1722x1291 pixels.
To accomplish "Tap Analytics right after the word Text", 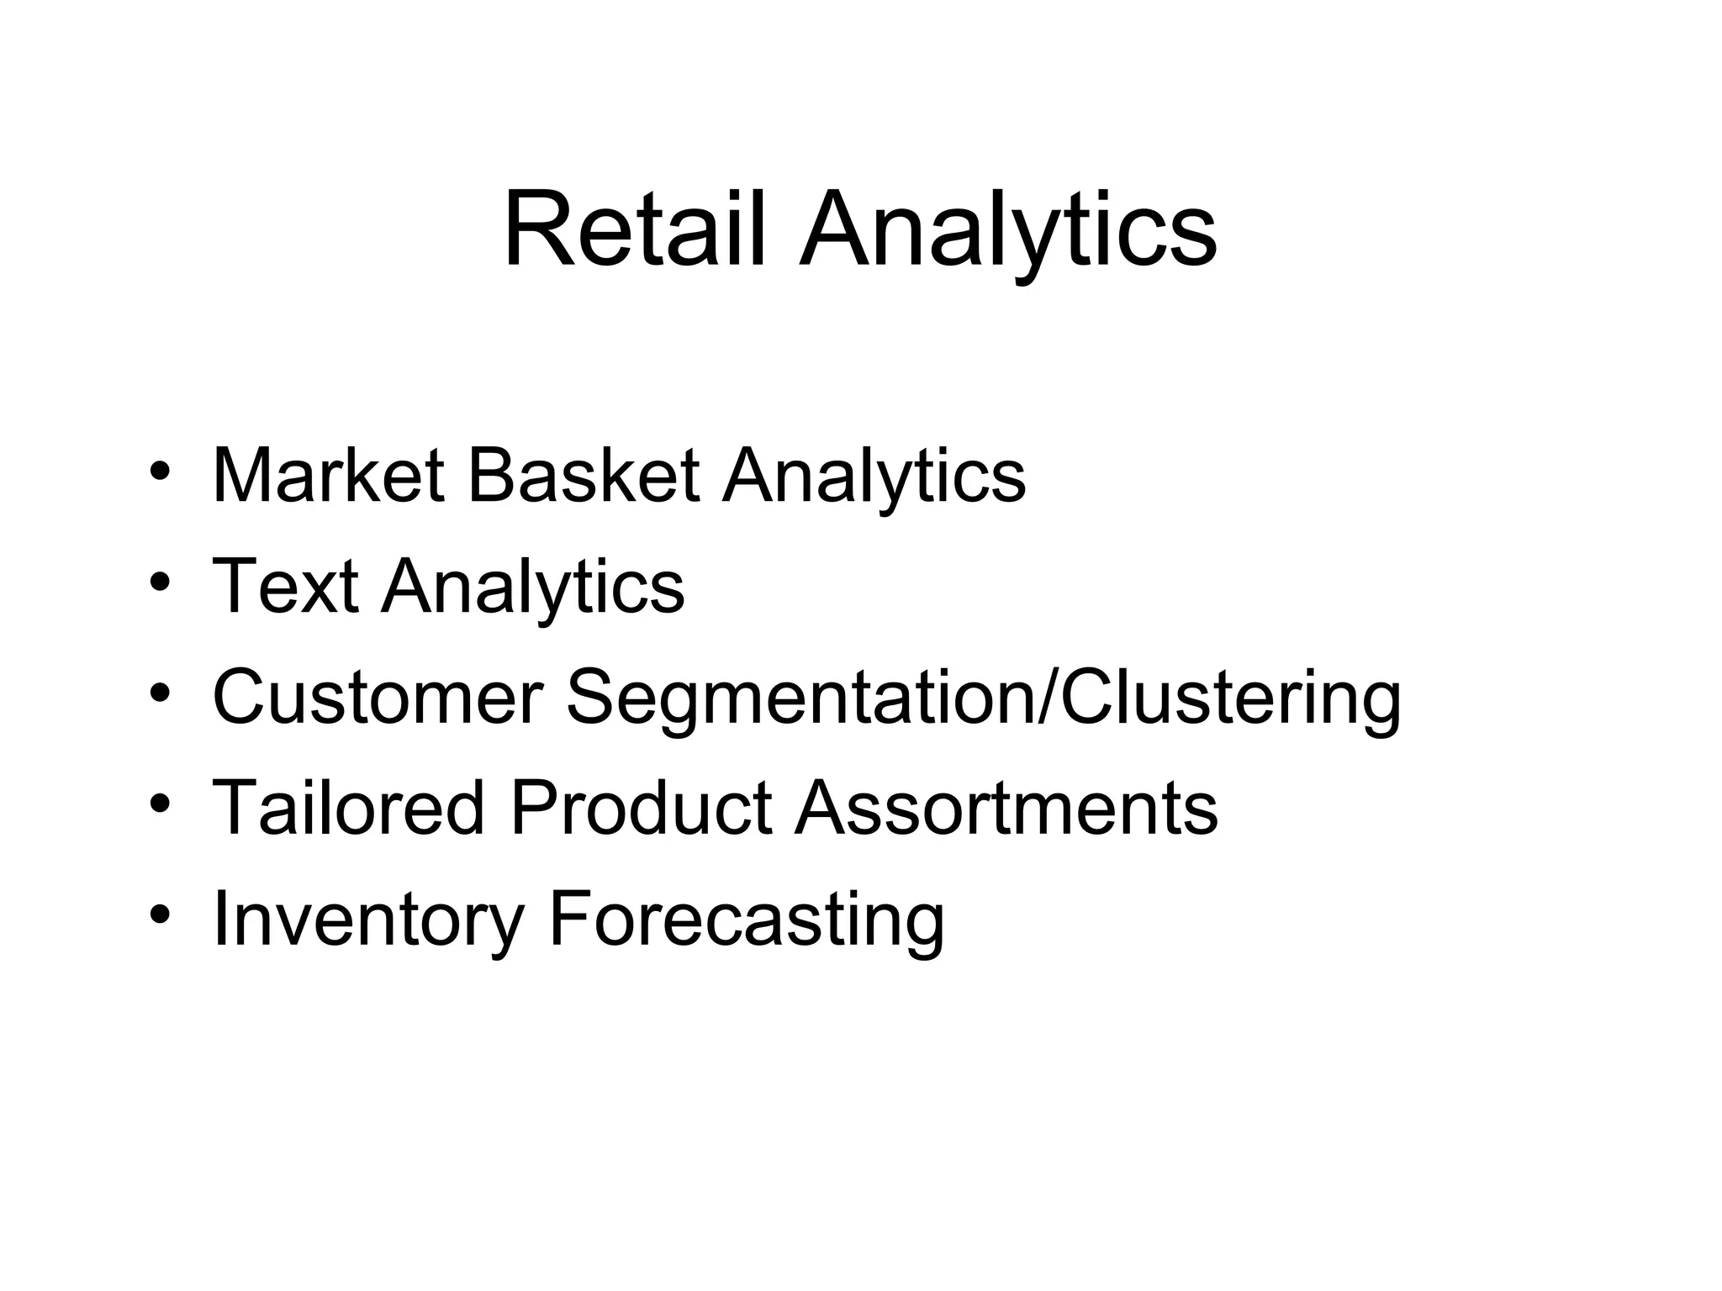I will [x=533, y=588].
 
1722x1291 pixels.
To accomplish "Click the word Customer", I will [x=378, y=697].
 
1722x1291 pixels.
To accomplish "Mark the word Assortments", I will [x=1006, y=808].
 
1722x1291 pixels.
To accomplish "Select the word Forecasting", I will [x=747, y=920].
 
